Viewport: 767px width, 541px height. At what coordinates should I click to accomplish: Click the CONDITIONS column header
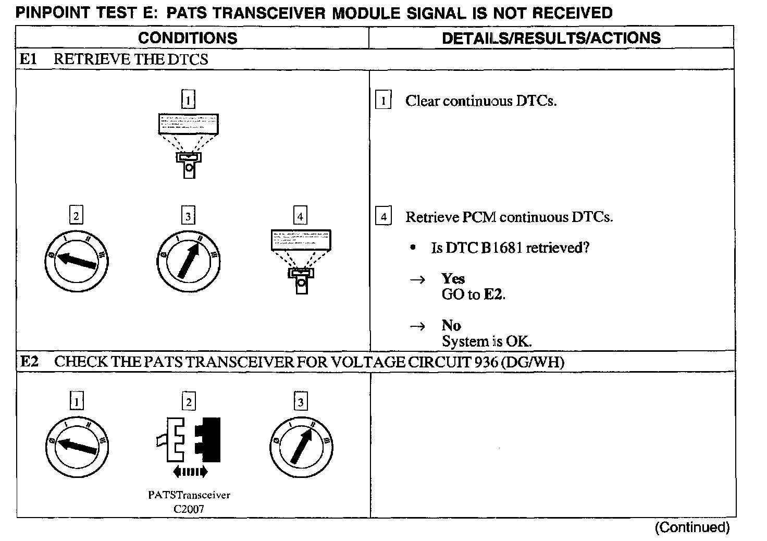coord(188,38)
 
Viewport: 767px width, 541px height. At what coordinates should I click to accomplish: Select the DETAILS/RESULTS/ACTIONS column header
coord(551,38)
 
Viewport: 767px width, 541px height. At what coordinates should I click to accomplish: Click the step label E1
coord(28,59)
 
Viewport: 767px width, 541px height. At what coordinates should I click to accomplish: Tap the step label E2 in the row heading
coord(29,362)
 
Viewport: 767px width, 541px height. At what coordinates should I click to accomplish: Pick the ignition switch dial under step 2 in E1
coord(76,259)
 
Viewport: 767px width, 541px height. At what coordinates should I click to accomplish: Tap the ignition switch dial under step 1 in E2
coord(77,447)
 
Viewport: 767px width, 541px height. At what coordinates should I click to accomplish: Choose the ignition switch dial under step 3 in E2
coord(301,447)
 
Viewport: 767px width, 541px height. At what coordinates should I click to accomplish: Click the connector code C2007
coord(189,509)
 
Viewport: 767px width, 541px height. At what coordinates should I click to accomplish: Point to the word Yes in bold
coord(453,279)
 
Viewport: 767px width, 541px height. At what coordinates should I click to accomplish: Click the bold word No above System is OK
coord(451,326)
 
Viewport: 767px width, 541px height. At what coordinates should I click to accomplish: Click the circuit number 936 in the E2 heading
coord(487,362)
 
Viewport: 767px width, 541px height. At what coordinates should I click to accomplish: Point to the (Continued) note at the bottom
coord(692,527)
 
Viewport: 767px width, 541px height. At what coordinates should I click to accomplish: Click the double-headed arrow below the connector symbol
coord(190,472)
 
